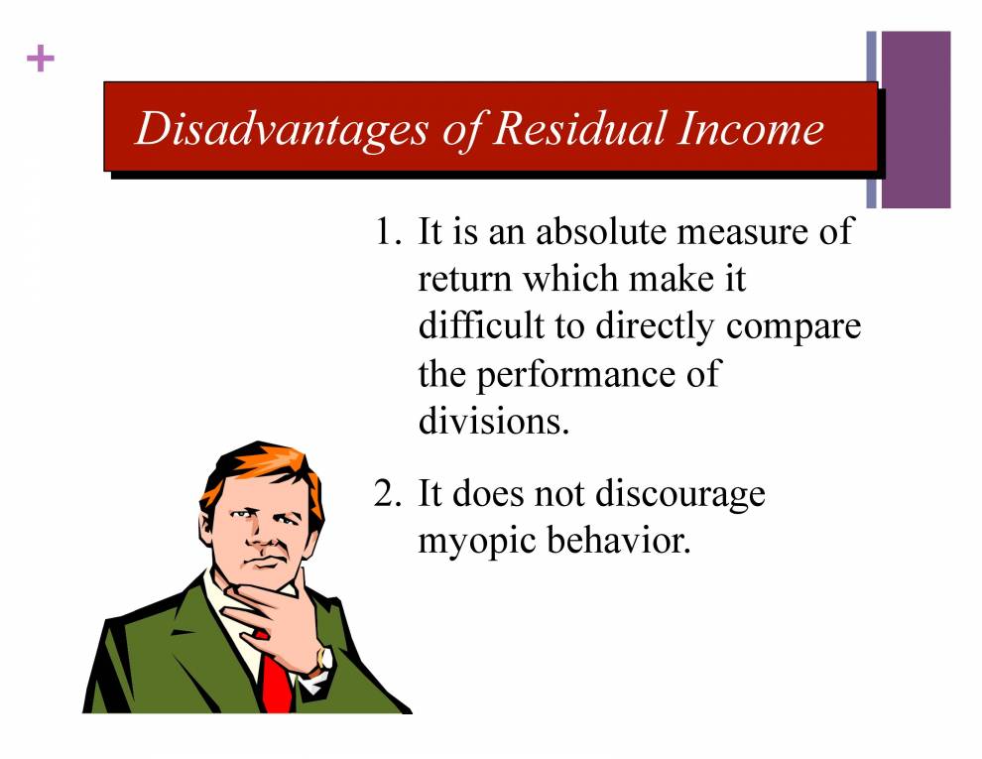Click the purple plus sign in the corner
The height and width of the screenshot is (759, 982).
(40, 60)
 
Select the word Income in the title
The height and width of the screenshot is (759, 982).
(751, 129)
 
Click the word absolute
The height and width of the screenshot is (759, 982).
(602, 232)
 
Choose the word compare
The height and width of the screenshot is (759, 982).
(794, 328)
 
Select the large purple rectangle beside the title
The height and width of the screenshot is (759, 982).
(915, 119)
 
